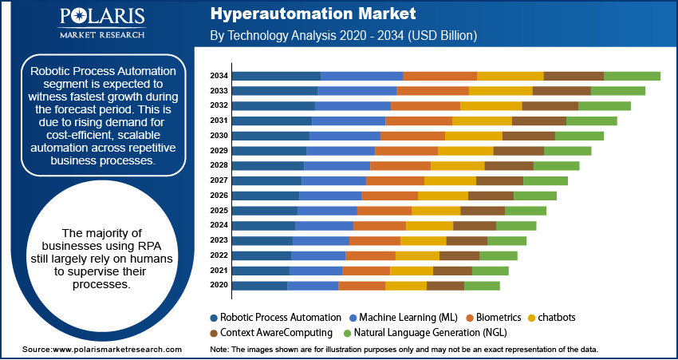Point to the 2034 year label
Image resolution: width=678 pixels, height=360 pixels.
[x=219, y=76]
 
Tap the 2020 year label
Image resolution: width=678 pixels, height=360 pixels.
[x=219, y=286]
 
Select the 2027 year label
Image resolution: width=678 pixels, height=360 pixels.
[x=219, y=181]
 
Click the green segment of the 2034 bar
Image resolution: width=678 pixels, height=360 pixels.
[x=632, y=76]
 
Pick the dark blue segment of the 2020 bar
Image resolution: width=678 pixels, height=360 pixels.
[x=259, y=286]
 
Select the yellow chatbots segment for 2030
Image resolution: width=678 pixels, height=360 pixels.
[x=473, y=136]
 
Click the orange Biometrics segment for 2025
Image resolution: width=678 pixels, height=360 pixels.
[x=384, y=211]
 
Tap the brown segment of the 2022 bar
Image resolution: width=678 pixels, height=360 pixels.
[x=459, y=255]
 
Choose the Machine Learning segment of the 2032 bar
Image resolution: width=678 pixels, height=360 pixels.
[x=353, y=106]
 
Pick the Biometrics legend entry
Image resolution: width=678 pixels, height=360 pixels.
[x=495, y=317]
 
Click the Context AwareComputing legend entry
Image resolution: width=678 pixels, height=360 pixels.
[x=270, y=332]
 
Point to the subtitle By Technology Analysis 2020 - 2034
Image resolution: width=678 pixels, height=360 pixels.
[x=343, y=36]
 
